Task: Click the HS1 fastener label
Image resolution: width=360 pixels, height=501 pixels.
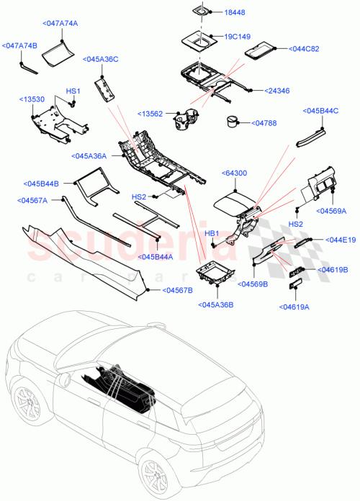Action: pyautogui.click(x=73, y=91)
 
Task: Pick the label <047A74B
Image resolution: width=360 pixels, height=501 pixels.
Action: pyautogui.click(x=20, y=45)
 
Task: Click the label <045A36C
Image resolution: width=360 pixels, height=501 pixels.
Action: pyautogui.click(x=101, y=59)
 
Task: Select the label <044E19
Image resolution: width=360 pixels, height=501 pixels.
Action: pyautogui.click(x=341, y=239)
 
